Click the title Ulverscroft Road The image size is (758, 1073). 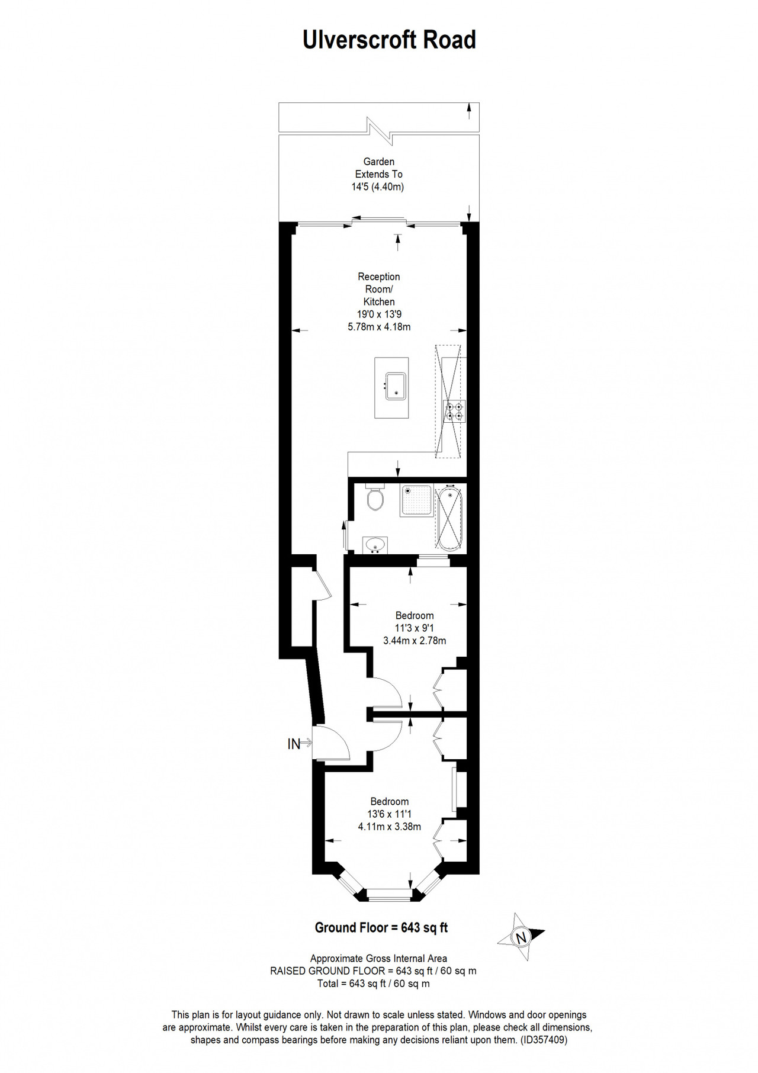click(x=389, y=40)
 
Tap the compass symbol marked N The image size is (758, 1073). click(x=521, y=937)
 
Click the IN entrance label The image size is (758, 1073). click(x=294, y=744)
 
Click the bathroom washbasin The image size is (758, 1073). click(x=375, y=544)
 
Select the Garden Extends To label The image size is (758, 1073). click(x=379, y=168)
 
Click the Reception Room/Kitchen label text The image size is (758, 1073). click(x=379, y=289)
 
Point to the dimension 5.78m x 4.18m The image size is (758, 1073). click(x=379, y=326)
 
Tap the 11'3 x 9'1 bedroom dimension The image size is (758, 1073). click(x=415, y=628)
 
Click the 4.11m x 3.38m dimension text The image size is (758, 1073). click(x=390, y=826)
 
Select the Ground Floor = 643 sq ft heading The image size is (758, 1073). click(x=381, y=927)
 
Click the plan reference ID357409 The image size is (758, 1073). click(x=544, y=1039)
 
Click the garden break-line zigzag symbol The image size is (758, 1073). click(x=379, y=131)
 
